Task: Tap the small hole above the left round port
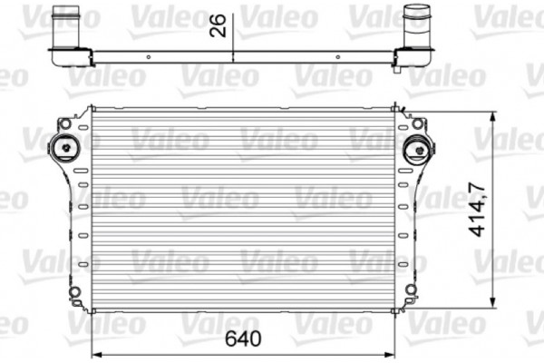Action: click(64, 122)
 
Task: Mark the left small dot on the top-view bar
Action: click(143, 57)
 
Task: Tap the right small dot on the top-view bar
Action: click(338, 57)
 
